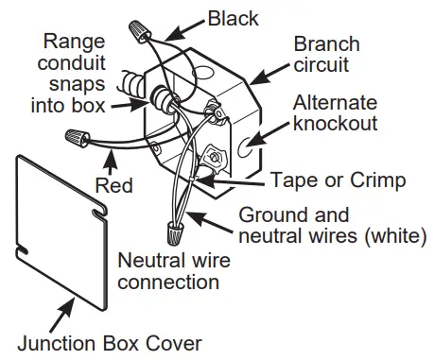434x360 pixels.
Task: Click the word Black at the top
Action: (x=234, y=18)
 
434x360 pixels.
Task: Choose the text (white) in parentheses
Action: (x=397, y=234)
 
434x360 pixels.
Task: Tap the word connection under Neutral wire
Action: (x=168, y=281)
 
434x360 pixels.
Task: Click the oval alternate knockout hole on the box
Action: (x=248, y=146)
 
